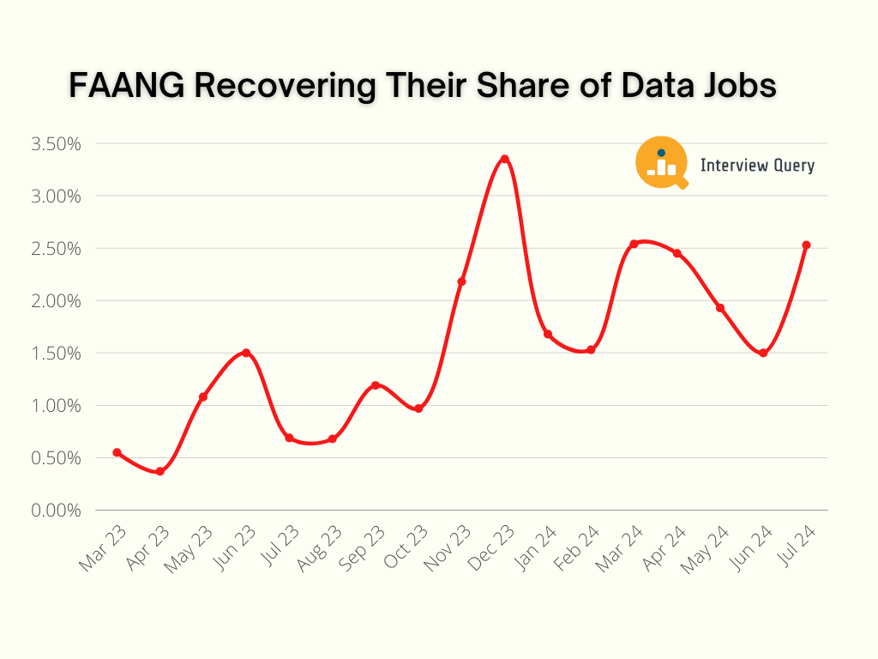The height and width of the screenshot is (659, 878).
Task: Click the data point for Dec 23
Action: point(505,159)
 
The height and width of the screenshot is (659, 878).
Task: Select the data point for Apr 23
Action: point(160,471)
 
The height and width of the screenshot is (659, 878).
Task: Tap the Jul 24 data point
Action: point(806,245)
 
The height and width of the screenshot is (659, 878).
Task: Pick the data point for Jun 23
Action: point(246,353)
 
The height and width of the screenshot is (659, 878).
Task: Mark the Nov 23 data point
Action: point(461,281)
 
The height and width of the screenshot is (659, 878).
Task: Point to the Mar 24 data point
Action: point(634,244)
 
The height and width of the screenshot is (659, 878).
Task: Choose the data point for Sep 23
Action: point(376,385)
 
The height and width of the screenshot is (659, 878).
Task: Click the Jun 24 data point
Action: point(763,353)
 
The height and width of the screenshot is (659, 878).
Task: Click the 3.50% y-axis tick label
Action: point(56,143)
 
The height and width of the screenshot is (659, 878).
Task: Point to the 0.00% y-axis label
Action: point(56,511)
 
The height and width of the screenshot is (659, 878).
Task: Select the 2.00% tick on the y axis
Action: point(56,301)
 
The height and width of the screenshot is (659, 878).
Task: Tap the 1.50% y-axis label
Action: point(56,354)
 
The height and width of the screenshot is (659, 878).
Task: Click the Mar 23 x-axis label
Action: point(104,548)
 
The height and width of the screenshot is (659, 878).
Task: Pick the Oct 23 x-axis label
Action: point(405,548)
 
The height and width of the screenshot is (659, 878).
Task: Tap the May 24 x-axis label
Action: point(706,548)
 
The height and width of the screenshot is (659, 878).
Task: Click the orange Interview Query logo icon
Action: point(662,162)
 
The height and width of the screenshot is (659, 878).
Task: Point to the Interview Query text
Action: point(757,166)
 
